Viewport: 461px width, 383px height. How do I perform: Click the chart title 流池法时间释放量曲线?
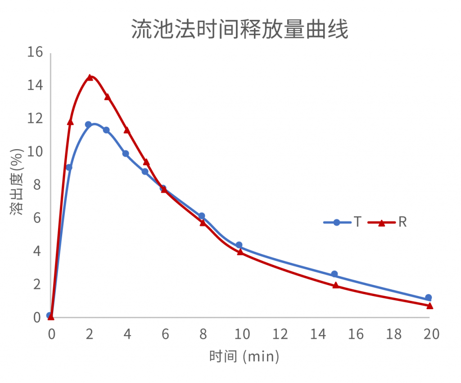[x=240, y=30]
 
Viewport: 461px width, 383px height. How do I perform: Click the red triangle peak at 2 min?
[x=90, y=78]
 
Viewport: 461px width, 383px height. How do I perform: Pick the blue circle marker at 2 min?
[x=88, y=124]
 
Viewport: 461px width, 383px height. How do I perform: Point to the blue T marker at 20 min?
[x=428, y=297]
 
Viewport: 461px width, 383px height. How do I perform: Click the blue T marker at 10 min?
[x=239, y=245]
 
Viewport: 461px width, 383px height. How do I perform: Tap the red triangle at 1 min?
[x=70, y=122]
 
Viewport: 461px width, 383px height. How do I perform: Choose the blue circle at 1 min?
[x=69, y=167]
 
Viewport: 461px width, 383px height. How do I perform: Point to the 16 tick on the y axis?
[x=35, y=52]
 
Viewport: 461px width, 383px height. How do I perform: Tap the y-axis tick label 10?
[x=35, y=152]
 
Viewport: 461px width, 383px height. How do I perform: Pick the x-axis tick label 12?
[x=280, y=334]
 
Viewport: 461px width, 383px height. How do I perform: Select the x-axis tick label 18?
[x=394, y=334]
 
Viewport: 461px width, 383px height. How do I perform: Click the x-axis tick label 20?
[x=432, y=334]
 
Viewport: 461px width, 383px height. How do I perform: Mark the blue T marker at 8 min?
[x=202, y=216]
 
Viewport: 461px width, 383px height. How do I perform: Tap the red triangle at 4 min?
[x=127, y=130]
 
